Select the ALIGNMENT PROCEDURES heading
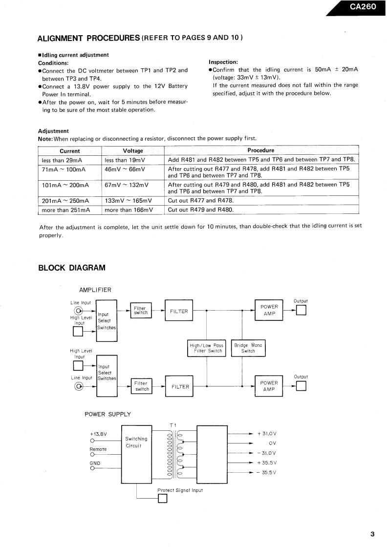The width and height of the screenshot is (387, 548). [89, 38]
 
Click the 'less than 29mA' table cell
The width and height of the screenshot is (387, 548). [62, 160]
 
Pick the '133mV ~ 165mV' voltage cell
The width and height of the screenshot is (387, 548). [128, 201]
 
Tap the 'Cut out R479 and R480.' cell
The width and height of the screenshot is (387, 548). [201, 210]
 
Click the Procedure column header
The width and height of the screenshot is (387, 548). [261, 150]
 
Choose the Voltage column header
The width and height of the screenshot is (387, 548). [133, 151]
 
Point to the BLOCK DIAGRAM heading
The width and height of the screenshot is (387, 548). [71, 268]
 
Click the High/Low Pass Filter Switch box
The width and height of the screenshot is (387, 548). [207, 348]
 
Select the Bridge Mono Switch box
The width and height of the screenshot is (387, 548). [248, 348]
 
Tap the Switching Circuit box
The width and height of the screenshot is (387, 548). [136, 442]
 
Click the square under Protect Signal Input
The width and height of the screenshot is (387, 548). [163, 498]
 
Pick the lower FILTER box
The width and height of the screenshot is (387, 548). [180, 386]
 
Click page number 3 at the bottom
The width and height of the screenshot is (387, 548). [372, 534]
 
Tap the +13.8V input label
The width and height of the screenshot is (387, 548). [98, 433]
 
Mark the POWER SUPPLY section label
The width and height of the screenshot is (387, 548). [108, 414]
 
